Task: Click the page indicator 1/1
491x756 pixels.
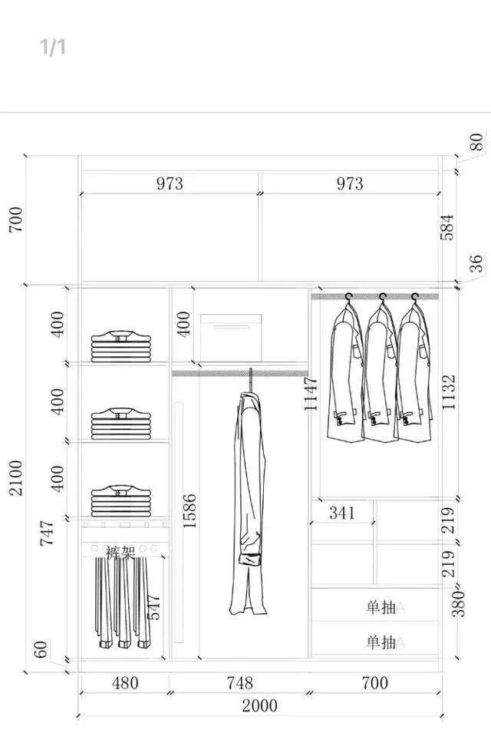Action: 53,48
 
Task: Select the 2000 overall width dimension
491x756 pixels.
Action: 259,705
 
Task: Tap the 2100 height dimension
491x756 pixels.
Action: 16,477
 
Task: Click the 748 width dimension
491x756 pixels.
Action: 239,682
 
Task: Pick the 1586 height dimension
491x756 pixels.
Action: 189,510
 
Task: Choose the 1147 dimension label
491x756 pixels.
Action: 311,393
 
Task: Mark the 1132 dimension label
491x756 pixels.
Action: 449,391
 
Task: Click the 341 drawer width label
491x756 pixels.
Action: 342,512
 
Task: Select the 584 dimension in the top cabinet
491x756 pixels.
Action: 447,227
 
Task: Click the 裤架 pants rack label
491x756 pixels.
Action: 120,552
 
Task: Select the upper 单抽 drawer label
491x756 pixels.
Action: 381,608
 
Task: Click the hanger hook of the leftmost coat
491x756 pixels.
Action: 348,296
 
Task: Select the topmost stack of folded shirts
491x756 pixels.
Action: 118,347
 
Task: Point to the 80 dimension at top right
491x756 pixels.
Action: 476,142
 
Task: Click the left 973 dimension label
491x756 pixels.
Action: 170,183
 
